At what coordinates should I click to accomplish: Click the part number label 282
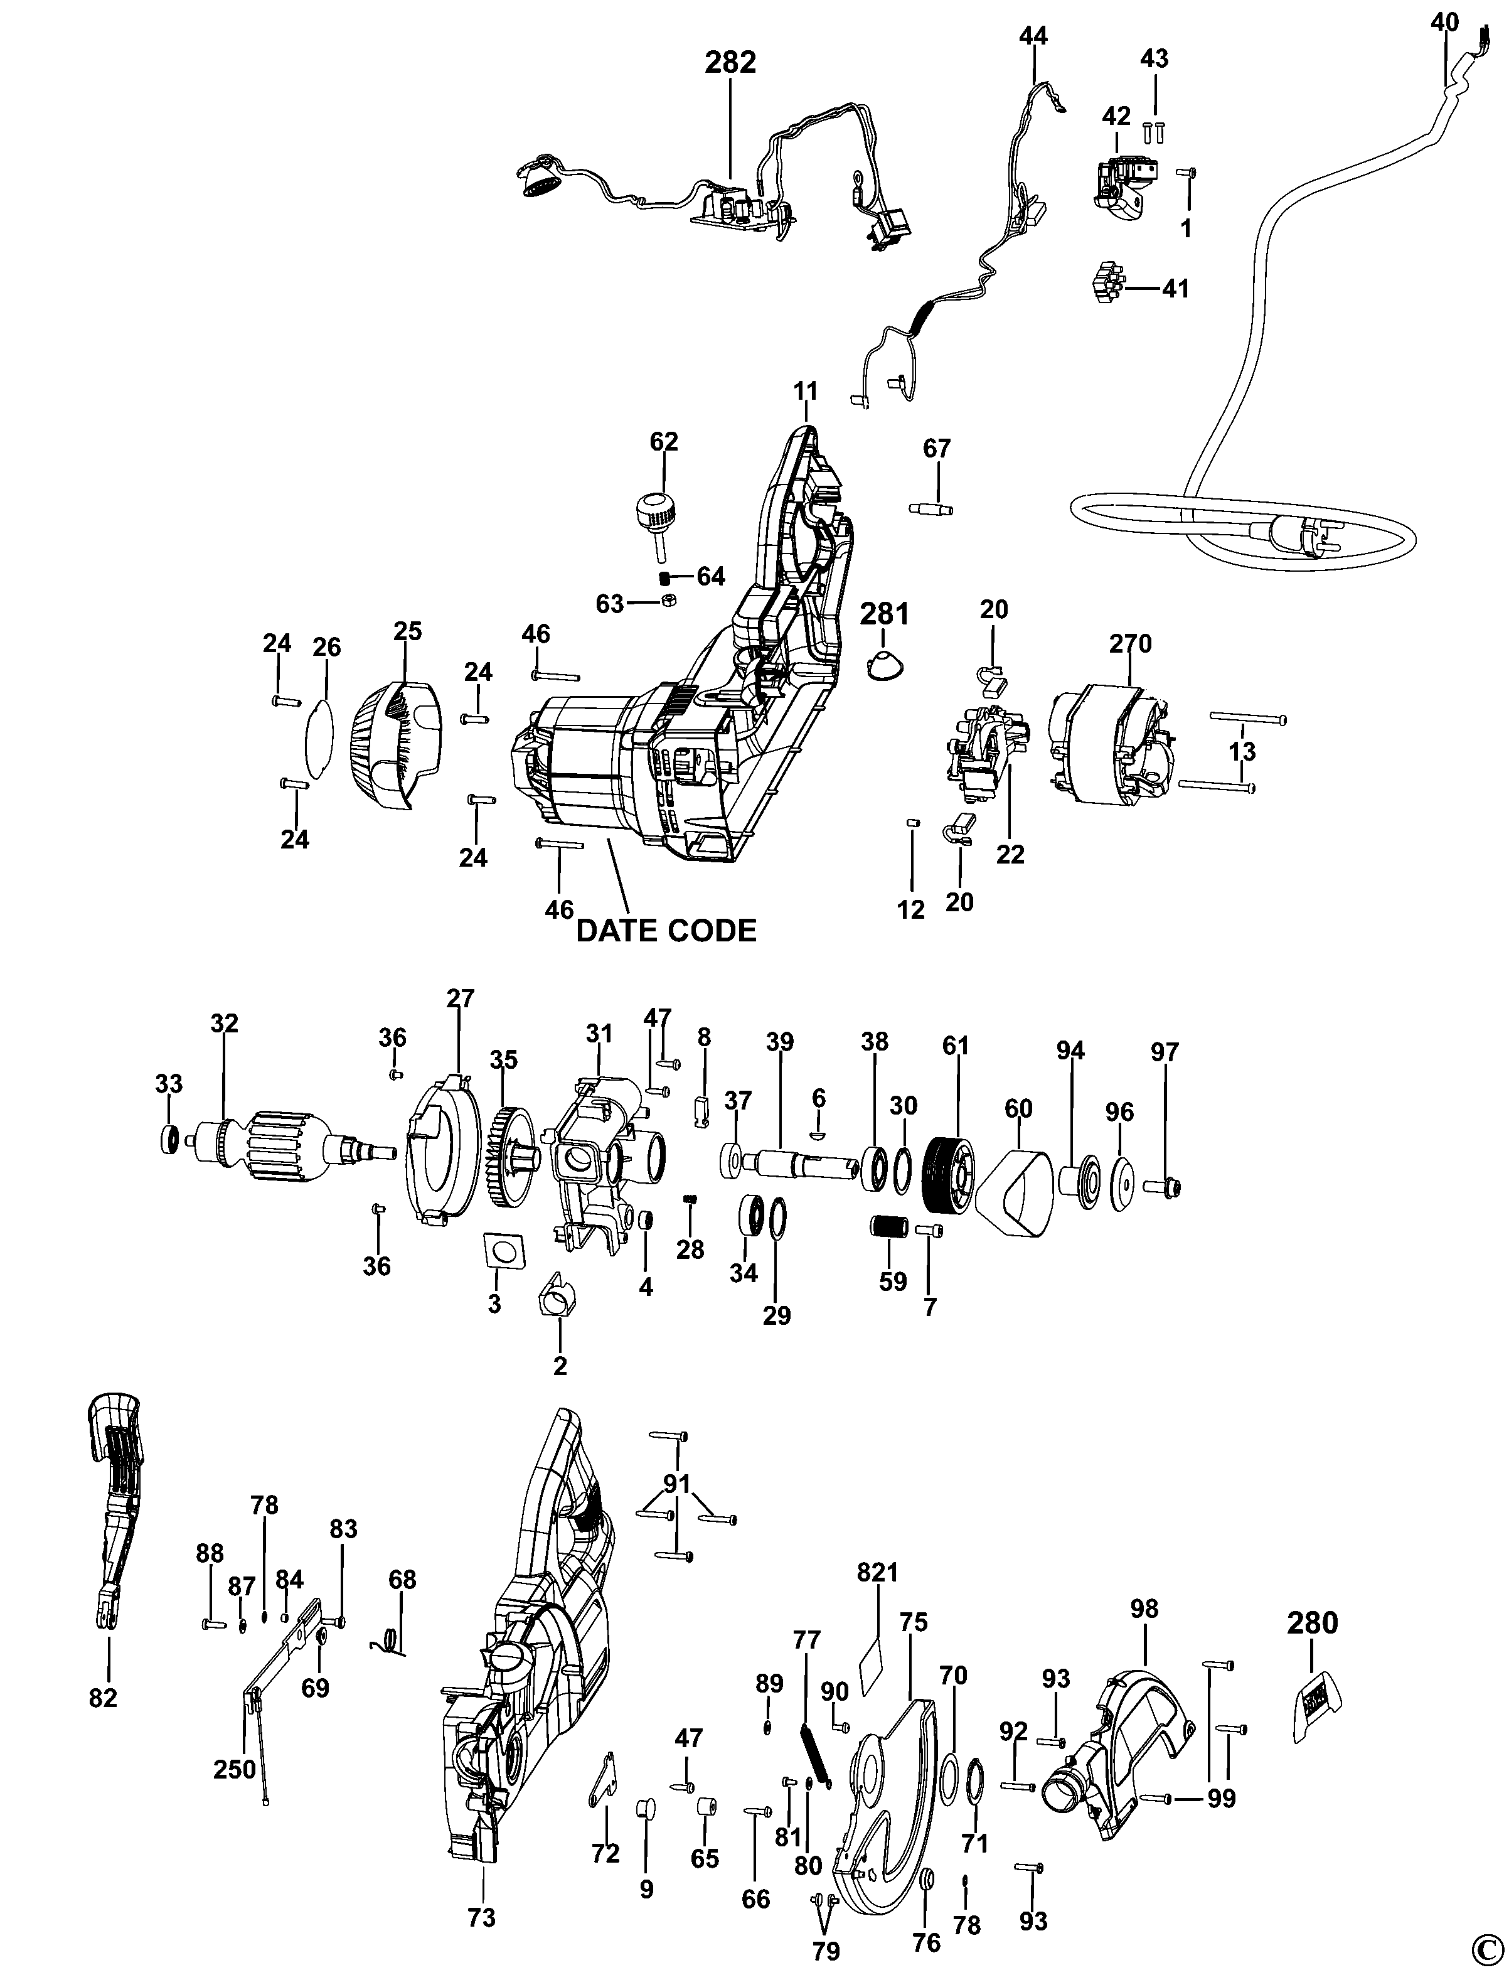[730, 63]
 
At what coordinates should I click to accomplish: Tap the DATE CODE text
[666, 930]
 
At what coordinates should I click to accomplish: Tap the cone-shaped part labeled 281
[884, 666]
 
